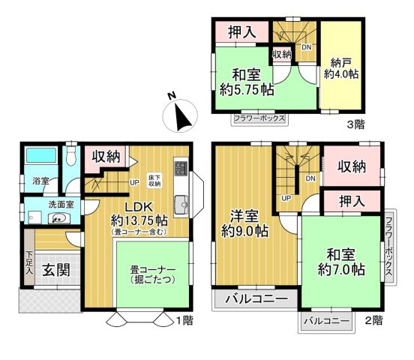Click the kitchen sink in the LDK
pos(180,203)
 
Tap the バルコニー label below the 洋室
pos(256,298)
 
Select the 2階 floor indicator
pos(373,320)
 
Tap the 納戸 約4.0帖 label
pos(340,68)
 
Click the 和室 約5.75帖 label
pos(247,82)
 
